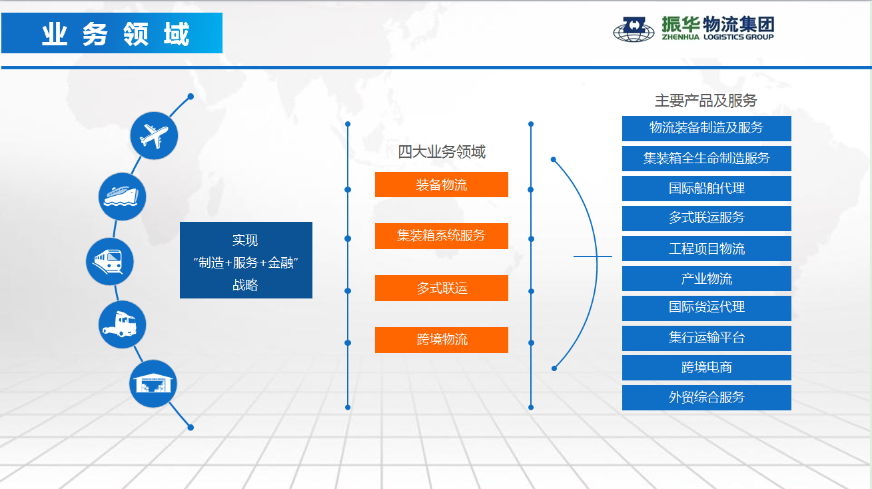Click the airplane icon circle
tap(154, 136)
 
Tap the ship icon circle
tap(122, 197)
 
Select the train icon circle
tap(110, 262)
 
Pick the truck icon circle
tap(122, 324)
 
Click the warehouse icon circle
tap(153, 384)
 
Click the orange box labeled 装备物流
tap(442, 185)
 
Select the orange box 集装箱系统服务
tap(442, 236)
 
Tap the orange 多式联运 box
tap(442, 288)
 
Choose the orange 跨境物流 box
tap(442, 340)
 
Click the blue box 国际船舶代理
tap(707, 189)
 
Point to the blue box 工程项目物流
tap(707, 248)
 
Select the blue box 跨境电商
tap(707, 368)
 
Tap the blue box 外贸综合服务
tap(707, 398)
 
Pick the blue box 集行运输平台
tap(707, 338)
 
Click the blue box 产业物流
tap(707, 278)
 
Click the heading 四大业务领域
tap(442, 152)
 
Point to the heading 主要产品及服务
tap(705, 101)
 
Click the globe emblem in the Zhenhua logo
tap(634, 29)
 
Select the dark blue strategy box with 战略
tap(246, 260)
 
